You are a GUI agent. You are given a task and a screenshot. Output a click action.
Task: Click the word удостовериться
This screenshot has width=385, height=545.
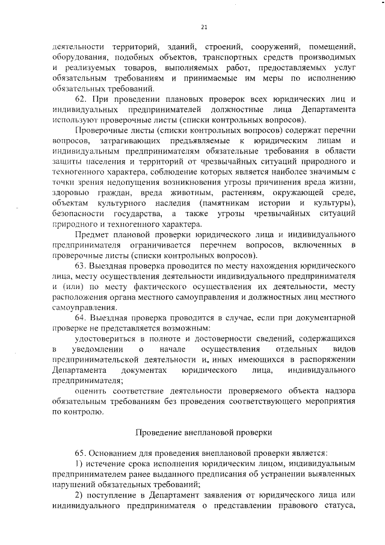point(105,338)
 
